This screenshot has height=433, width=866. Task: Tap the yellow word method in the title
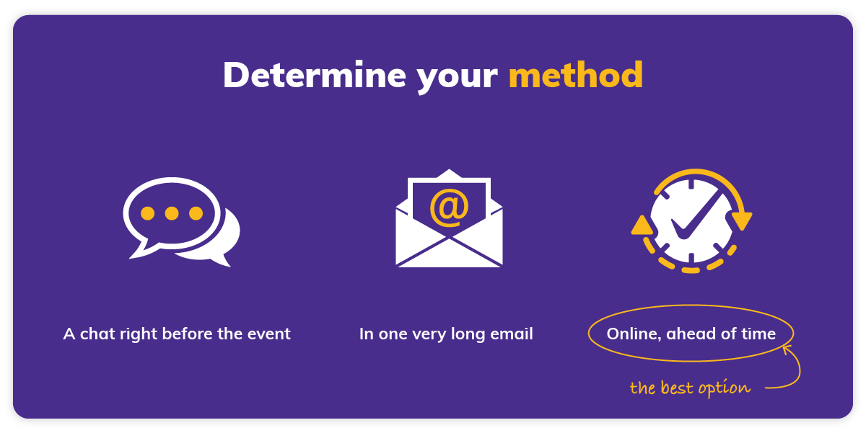[575, 76]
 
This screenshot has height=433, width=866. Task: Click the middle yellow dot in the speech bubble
[171, 214]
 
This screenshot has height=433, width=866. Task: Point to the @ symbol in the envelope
[449, 207]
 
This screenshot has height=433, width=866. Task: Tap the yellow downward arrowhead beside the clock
[742, 220]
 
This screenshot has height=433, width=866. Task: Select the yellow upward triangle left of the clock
[641, 226]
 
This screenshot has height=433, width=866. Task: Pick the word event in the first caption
[271, 334]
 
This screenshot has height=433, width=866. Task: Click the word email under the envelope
[512, 334]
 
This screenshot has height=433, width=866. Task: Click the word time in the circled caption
[758, 334]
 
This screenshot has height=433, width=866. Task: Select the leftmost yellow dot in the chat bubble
[148, 214]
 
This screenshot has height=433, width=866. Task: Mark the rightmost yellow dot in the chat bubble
[195, 214]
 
